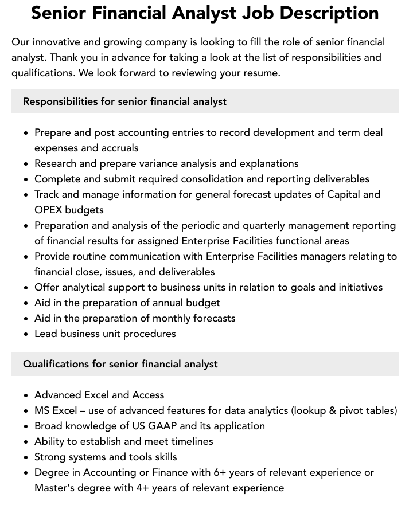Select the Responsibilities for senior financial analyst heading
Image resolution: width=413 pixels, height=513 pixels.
coord(124,101)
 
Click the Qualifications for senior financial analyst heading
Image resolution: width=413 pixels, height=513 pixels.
coord(120,364)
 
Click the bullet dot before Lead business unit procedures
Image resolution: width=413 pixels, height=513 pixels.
coord(26,334)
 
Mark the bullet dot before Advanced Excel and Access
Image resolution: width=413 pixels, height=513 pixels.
coord(26,395)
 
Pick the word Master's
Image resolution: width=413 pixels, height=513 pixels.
coord(55,488)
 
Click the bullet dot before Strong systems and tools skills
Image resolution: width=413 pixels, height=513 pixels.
coord(26,457)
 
